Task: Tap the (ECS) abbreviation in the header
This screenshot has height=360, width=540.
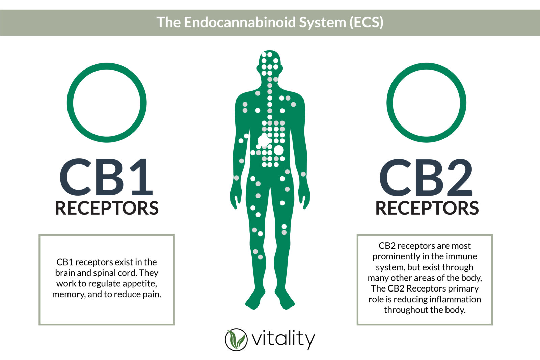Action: coord(367,22)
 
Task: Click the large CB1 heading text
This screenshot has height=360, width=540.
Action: coord(106,177)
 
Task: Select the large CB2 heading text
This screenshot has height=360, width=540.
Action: coord(426,177)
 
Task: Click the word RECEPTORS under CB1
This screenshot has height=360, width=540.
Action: coord(107,208)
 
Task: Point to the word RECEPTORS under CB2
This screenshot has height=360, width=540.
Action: coord(427,208)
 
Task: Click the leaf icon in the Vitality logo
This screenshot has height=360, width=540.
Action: coord(236,339)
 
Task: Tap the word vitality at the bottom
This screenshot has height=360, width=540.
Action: coord(283,339)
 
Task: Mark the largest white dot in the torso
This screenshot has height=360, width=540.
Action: coord(263,140)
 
